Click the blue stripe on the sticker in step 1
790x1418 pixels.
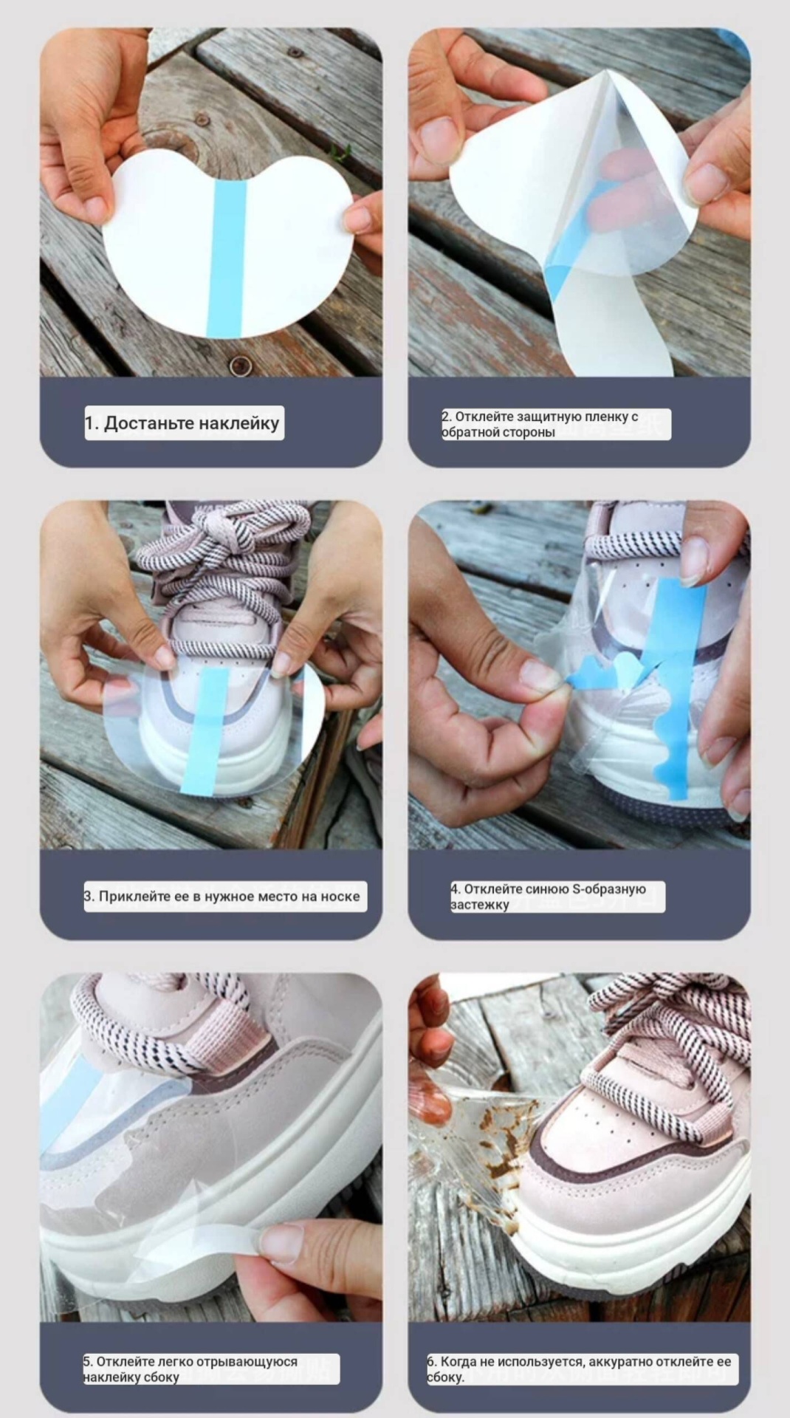[227, 258]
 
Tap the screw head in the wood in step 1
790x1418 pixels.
[239, 365]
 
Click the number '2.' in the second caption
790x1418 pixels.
[447, 417]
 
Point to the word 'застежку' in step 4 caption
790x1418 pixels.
[480, 905]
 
